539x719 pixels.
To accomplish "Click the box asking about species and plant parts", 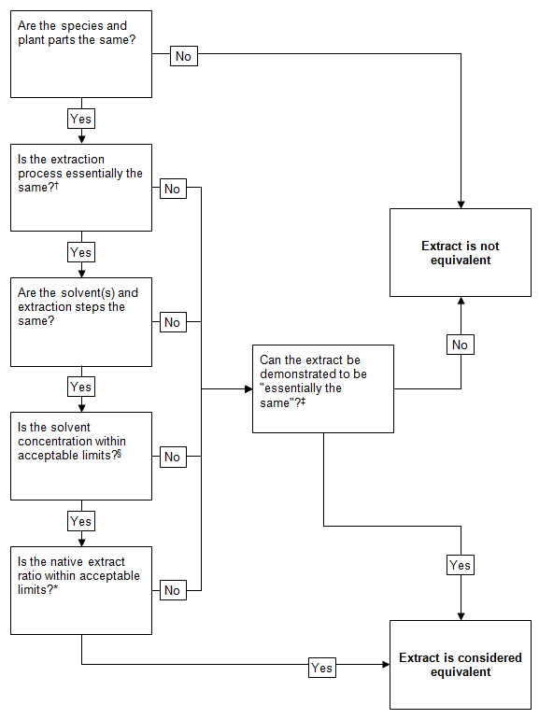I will [80, 53].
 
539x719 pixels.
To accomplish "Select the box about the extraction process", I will [80, 187].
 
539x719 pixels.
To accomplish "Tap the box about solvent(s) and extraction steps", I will [80, 321].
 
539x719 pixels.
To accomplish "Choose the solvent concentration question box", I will [80, 456].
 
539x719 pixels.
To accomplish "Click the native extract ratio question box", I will [80, 589].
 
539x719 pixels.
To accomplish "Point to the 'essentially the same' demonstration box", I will [322, 388].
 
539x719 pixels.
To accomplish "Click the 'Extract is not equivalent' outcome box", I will [460, 253].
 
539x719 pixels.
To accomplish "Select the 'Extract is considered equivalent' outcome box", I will [460, 664].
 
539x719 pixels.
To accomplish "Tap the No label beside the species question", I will [183, 56].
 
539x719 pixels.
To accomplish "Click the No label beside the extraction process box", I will [172, 189].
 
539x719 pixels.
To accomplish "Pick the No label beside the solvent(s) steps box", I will [172, 322].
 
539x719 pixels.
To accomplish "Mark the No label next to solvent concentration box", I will [172, 457].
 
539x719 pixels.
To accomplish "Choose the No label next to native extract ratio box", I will [172, 590].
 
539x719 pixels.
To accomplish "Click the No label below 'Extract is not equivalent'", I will [460, 345].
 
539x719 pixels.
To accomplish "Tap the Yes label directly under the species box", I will [81, 119].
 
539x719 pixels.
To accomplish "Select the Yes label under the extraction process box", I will [81, 252].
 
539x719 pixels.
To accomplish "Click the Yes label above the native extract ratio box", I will [81, 521].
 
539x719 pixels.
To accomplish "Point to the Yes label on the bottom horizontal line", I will [321, 668].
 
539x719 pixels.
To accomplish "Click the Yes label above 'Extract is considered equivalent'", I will [460, 565].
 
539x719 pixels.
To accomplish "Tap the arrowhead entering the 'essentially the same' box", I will [247, 388].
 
